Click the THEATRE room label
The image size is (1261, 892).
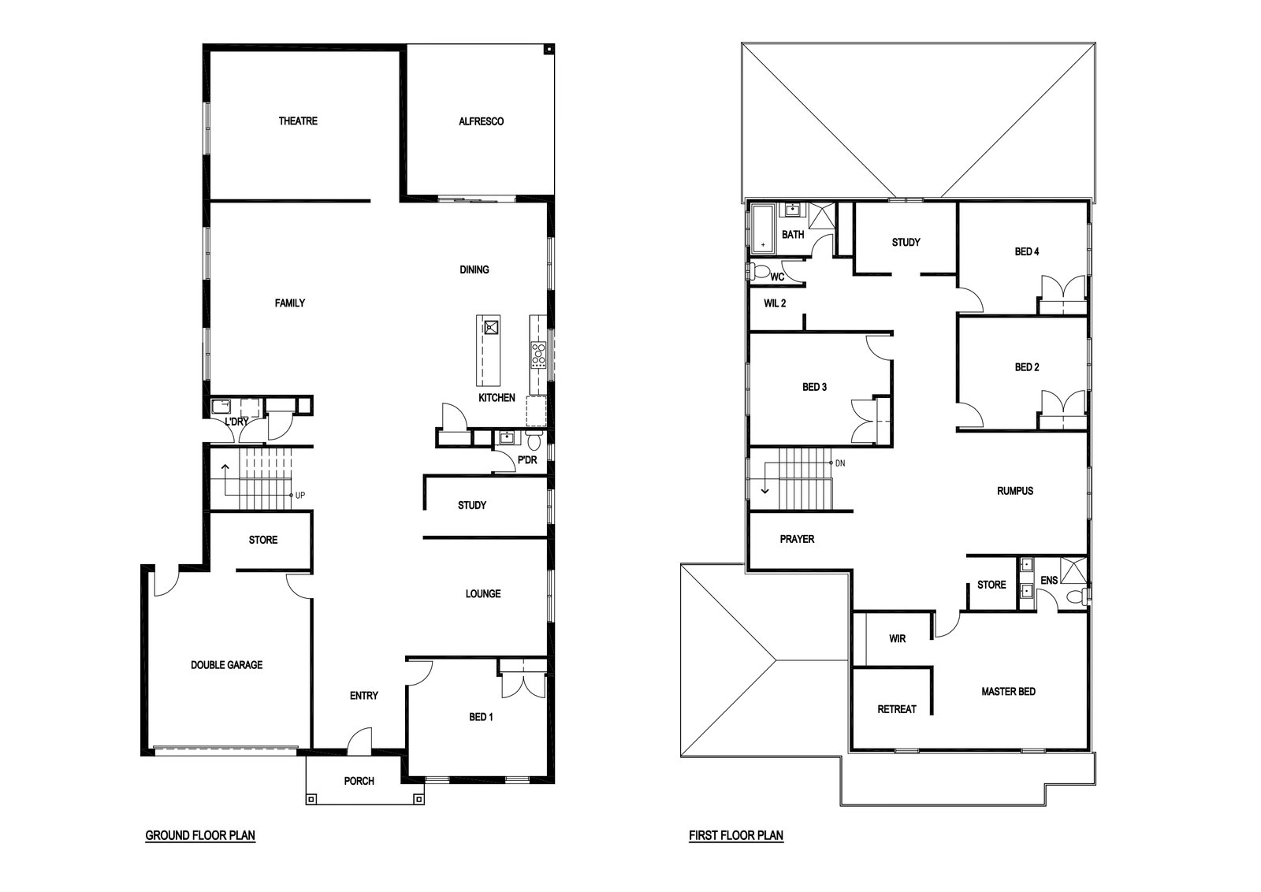pyautogui.click(x=298, y=121)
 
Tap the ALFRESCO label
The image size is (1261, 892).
pyautogui.click(x=481, y=121)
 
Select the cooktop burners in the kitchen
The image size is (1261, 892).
pyautogui.click(x=538, y=355)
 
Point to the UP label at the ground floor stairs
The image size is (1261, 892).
pyautogui.click(x=300, y=495)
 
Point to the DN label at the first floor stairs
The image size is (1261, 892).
pyautogui.click(x=840, y=463)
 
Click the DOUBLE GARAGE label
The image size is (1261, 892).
pyautogui.click(x=226, y=664)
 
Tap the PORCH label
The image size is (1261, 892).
pyautogui.click(x=359, y=781)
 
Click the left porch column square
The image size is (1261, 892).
pyautogui.click(x=311, y=798)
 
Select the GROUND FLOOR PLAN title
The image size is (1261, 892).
pyautogui.click(x=200, y=835)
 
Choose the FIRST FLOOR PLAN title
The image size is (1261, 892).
pyautogui.click(x=736, y=835)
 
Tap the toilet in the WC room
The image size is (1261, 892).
pyautogui.click(x=758, y=273)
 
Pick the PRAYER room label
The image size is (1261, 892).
pyautogui.click(x=797, y=538)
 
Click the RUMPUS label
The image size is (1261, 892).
pyautogui.click(x=1014, y=491)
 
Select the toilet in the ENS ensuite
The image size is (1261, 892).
pyautogui.click(x=1077, y=597)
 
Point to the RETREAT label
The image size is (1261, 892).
pyautogui.click(x=896, y=709)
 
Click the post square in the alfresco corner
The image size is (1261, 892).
pyautogui.click(x=549, y=50)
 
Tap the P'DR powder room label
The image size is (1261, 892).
pyautogui.click(x=527, y=459)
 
